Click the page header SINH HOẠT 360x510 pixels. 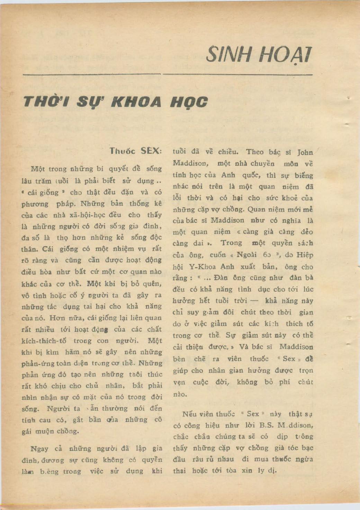259,54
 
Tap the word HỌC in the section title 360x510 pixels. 189,102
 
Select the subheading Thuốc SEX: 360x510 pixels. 135,151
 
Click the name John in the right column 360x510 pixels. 305,152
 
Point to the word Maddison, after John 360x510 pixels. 190,163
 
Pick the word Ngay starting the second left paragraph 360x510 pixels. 39,449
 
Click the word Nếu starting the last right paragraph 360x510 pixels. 189,414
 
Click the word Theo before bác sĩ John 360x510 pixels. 254,152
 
